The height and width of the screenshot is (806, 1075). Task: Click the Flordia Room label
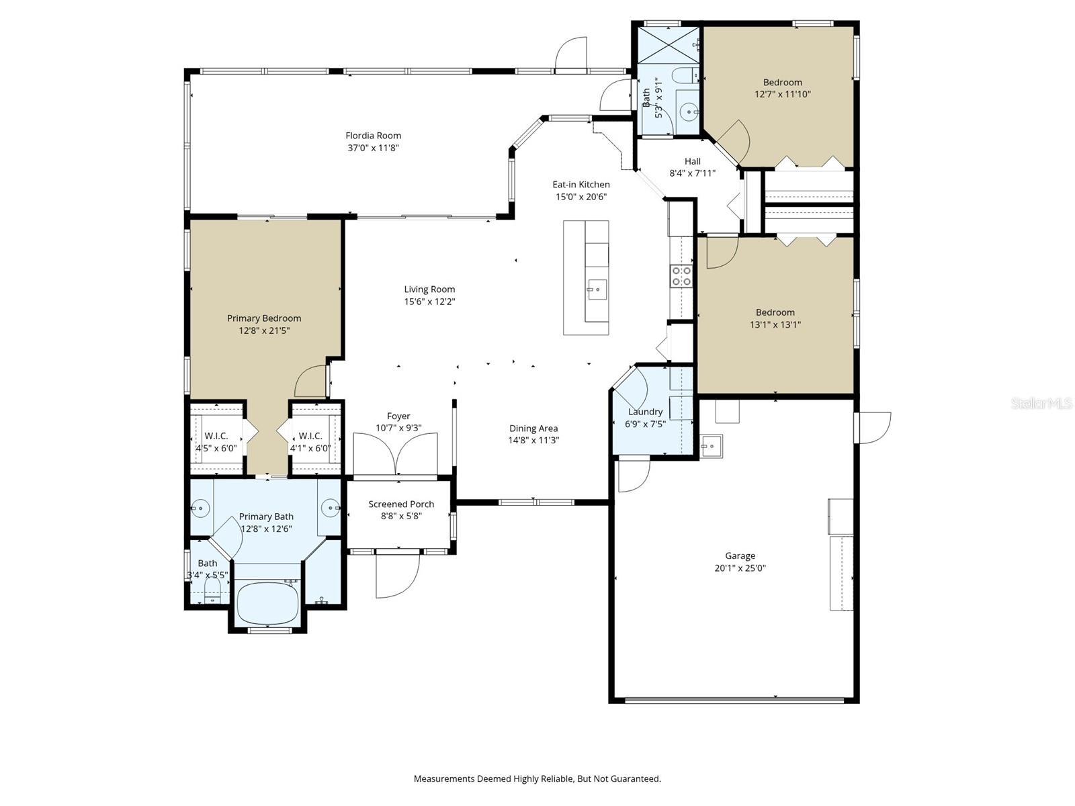(x=373, y=136)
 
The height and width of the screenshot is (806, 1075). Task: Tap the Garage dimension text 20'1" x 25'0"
(x=740, y=568)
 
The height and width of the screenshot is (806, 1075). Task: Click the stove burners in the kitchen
(x=681, y=276)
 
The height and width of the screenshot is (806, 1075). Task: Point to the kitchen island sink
(x=596, y=291)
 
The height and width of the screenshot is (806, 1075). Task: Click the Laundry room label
(x=645, y=412)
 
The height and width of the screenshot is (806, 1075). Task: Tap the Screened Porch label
(x=401, y=504)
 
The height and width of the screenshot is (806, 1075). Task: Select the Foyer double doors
(x=396, y=455)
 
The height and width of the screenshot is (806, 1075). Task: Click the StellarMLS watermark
(x=1041, y=403)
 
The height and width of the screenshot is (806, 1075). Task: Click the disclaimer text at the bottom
(x=537, y=778)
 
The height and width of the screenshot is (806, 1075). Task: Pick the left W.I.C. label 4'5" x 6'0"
(x=216, y=442)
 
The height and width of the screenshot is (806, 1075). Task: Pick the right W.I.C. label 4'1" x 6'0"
(x=310, y=442)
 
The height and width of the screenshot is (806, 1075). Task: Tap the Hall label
(x=692, y=161)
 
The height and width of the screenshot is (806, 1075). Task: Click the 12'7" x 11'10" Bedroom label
(x=782, y=88)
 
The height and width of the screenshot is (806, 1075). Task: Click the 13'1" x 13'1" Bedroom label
(x=775, y=318)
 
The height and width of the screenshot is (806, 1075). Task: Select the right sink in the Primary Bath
(x=330, y=508)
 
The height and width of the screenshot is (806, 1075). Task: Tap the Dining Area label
(x=533, y=429)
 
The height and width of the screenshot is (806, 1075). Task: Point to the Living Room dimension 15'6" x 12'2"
(x=429, y=302)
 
